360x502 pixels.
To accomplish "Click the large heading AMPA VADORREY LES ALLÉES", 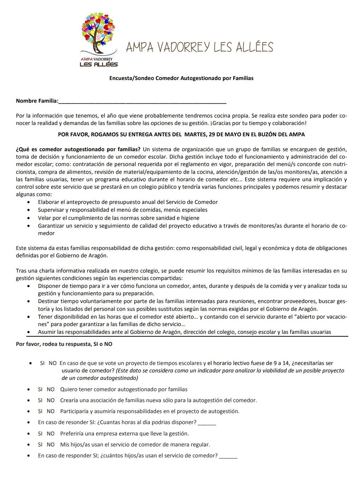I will [x=199, y=47].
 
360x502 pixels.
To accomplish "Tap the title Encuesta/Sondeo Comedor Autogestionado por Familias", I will [x=181, y=78].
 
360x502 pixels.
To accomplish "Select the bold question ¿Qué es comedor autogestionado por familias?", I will [x=78, y=149].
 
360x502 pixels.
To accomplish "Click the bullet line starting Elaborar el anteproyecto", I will [x=128, y=202].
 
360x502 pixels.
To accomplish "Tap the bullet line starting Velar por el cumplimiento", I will [x=118, y=218].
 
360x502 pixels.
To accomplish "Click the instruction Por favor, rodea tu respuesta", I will [x=64, y=344].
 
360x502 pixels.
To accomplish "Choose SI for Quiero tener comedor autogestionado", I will [x=40, y=389].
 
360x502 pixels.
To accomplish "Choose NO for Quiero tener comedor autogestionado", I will [x=51, y=389].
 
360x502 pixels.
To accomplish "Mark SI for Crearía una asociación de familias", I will [x=40, y=400].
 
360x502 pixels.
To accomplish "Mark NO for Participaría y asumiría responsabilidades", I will [x=51, y=411].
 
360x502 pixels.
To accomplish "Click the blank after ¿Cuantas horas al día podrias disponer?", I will [x=207, y=423].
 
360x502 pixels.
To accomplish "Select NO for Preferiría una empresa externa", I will [x=51, y=434].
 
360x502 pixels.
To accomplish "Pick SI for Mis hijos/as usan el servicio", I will [x=40, y=445].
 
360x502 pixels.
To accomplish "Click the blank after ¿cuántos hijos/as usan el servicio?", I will [x=228, y=456].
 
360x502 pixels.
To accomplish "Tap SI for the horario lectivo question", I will [x=42, y=363].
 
